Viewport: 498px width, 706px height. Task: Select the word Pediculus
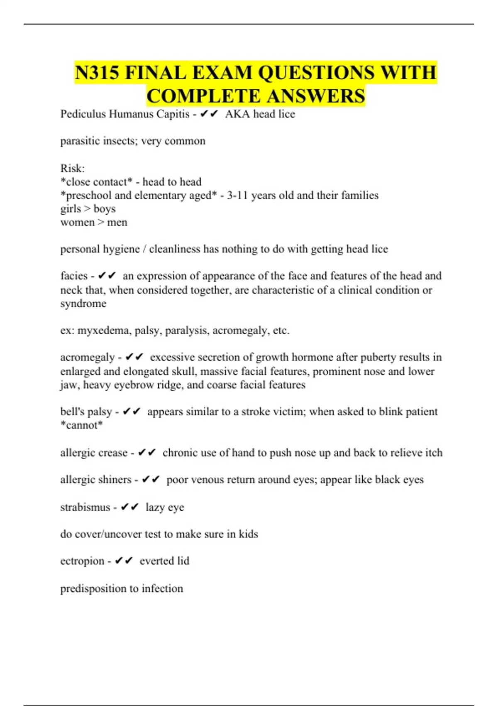coord(83,114)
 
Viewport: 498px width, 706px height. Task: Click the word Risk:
coord(72,168)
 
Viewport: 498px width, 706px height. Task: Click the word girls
coord(71,209)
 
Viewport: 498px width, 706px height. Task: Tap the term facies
coord(74,276)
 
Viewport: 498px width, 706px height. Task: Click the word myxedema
coord(103,331)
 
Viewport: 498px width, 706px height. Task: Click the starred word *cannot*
coord(81,425)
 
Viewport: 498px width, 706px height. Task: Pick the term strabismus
coord(85,507)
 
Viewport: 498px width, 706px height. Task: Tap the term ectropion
coord(82,561)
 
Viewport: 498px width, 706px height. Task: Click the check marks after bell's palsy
coord(132,412)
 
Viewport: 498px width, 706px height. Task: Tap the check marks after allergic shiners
coord(151,480)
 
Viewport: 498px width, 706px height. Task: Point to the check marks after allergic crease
coord(147,453)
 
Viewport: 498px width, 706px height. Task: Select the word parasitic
coord(80,141)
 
